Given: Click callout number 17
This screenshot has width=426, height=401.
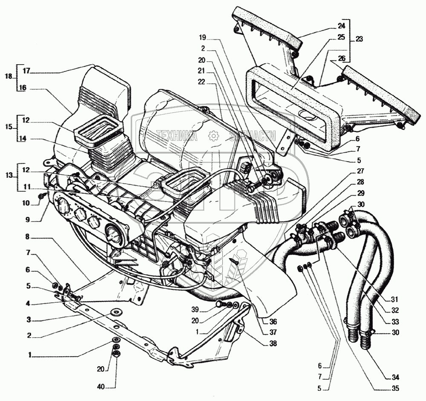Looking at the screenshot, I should (x=26, y=71).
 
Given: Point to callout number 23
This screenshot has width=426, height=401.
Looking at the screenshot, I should (x=359, y=38).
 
